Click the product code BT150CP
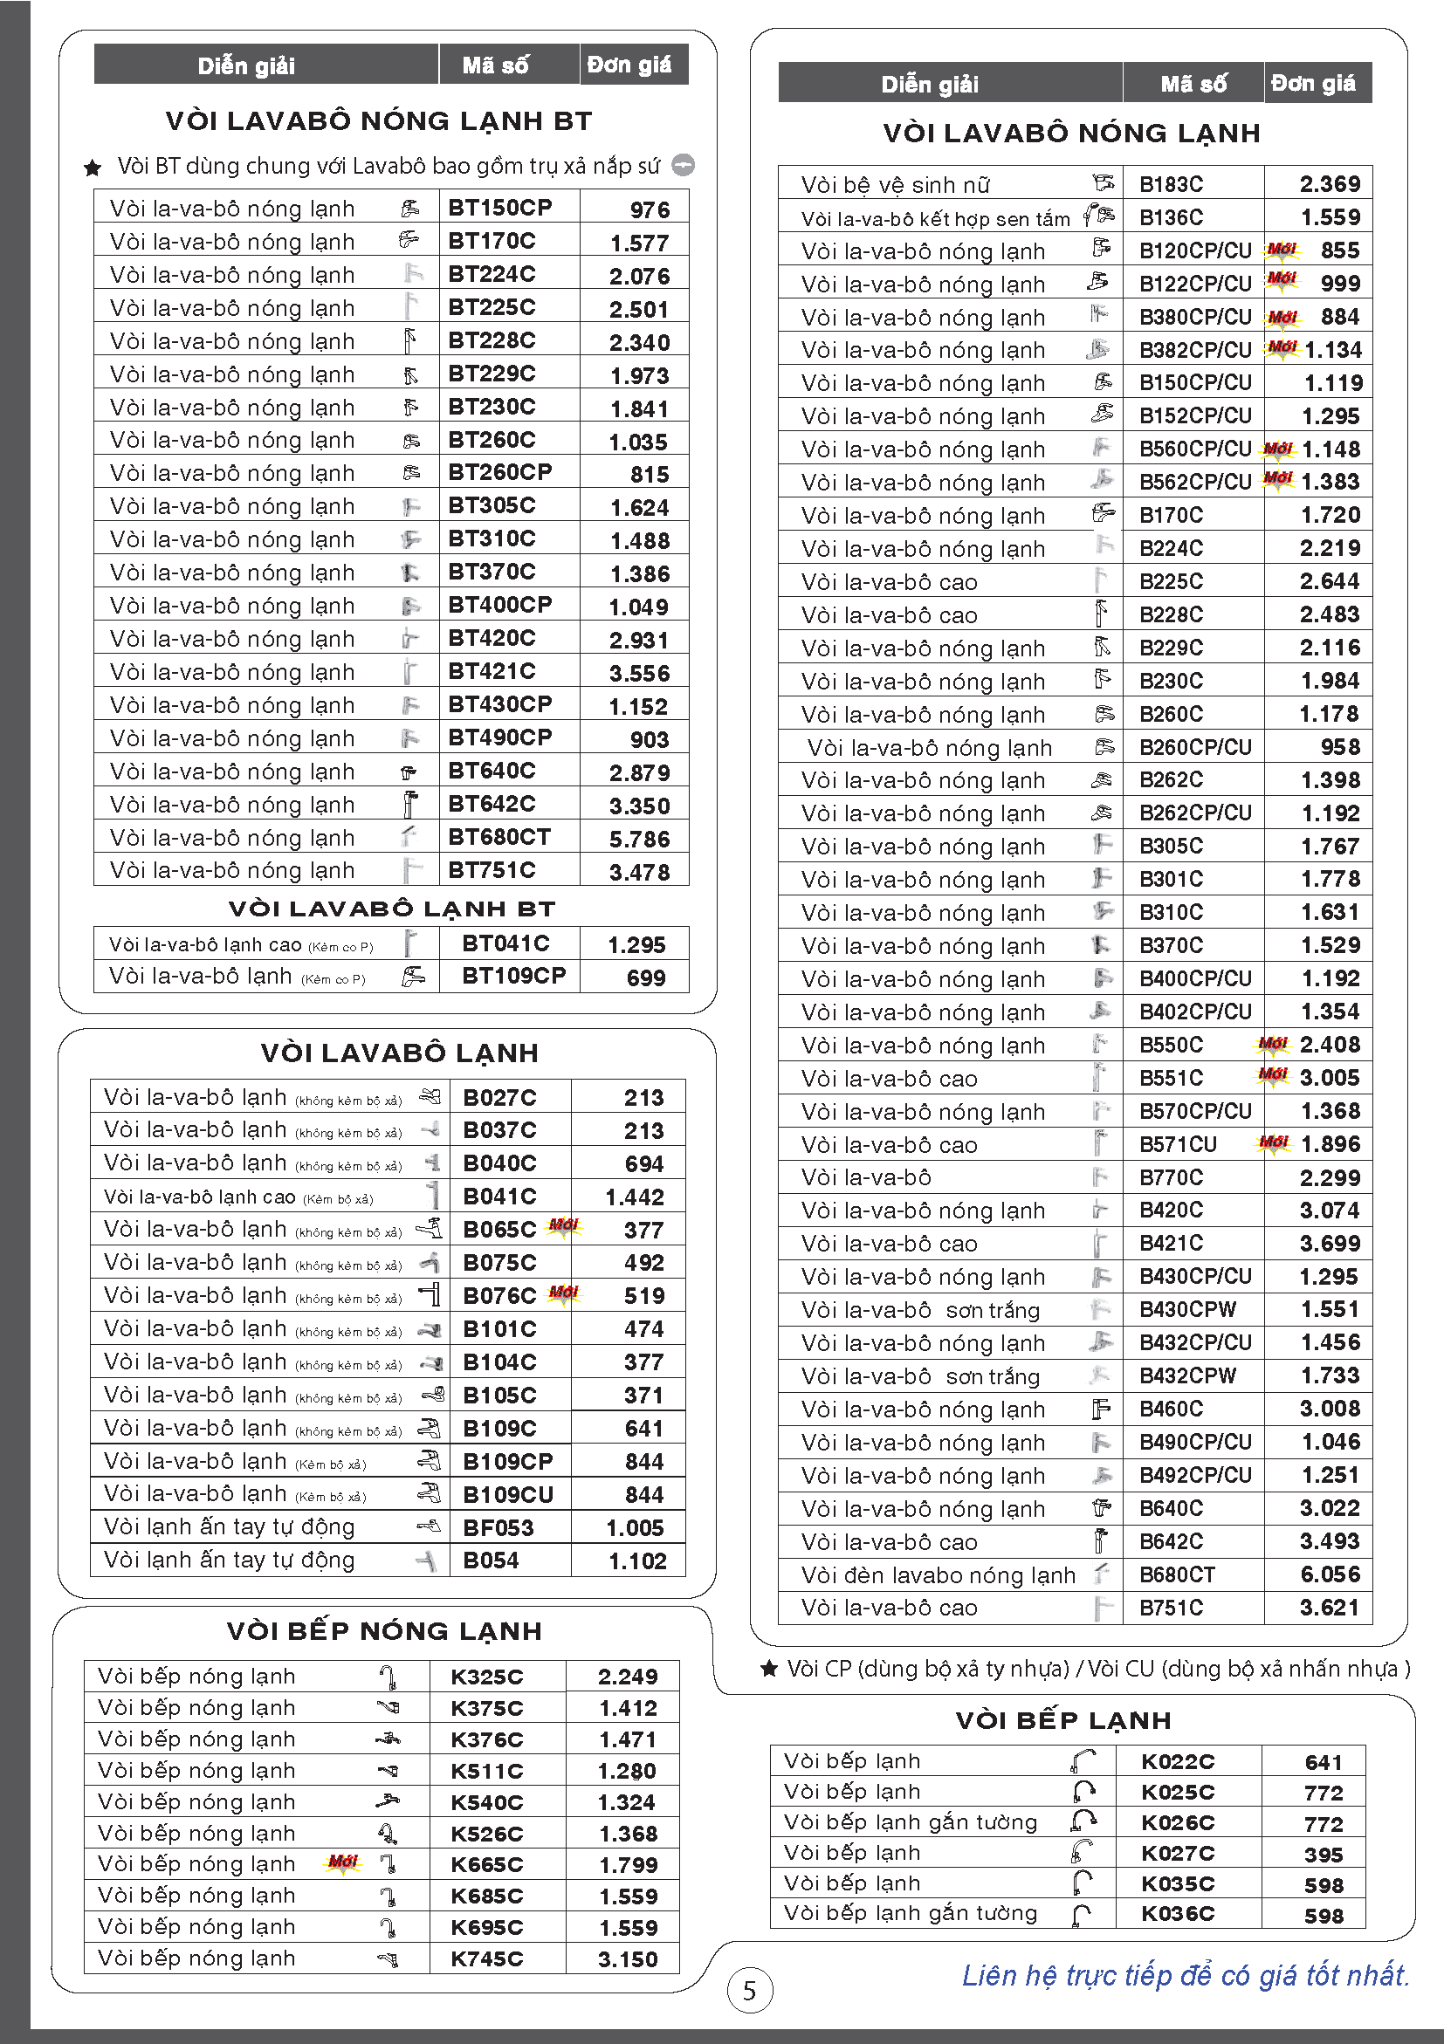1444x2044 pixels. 499,208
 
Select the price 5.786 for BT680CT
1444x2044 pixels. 639,839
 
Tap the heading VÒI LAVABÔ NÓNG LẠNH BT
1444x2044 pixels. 378,121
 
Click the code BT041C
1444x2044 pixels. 505,943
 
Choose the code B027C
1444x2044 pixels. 499,1098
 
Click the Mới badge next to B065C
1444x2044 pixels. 563,1226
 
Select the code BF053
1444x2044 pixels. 498,1527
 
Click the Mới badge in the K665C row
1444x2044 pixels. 343,1862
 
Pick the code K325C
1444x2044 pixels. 486,1677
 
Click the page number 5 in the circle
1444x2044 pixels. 750,1990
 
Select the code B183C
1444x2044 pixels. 1171,184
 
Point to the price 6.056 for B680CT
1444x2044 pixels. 1329,1574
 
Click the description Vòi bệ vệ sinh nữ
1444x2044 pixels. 895,185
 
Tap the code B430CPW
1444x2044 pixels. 1187,1308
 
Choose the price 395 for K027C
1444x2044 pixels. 1323,1855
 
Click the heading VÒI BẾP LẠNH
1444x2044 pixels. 1063,1720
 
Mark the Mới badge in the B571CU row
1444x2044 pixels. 1273,1142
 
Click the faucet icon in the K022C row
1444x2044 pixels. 1083,1761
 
